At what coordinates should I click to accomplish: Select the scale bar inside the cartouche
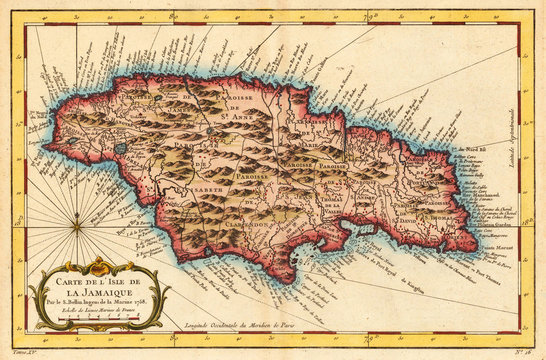click(x=101, y=311)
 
